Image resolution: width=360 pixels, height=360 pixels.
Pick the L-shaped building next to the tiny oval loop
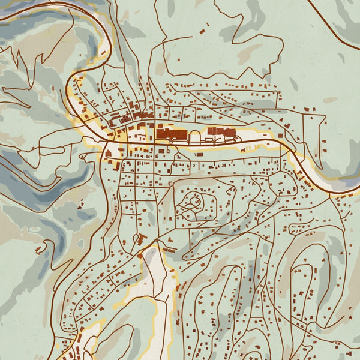pos(143,240)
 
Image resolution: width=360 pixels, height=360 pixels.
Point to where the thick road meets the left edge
pos(2,19)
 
